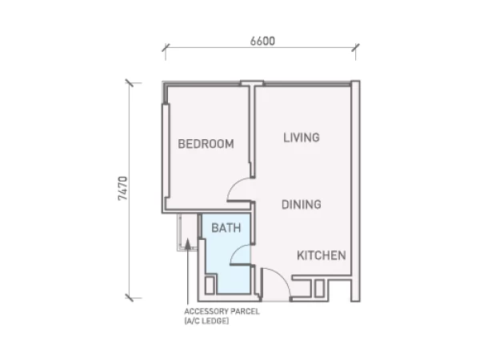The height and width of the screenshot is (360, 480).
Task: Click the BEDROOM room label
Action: pos(206,144)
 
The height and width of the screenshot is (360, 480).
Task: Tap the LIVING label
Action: pos(302,138)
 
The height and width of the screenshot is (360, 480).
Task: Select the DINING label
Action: pos(302,205)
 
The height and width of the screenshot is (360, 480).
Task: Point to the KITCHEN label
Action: pos(322,255)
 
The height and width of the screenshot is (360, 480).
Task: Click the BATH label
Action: pos(226,228)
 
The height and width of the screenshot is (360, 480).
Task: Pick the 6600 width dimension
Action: pos(262,41)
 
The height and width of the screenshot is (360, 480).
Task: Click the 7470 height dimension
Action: pos(122,188)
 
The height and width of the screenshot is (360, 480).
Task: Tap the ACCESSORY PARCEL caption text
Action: pos(222,312)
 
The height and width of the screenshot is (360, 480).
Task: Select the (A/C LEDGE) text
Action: pos(206,321)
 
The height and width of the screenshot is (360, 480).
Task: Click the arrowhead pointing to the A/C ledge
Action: pos(188,244)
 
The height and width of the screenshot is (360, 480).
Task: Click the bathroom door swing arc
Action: pos(238,251)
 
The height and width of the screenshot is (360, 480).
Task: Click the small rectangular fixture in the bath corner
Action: pos(210,286)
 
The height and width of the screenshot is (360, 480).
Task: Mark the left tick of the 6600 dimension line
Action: pos(166,47)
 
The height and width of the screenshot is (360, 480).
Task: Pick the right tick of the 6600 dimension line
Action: pos(355,47)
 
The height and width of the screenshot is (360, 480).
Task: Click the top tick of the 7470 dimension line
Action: pos(129,82)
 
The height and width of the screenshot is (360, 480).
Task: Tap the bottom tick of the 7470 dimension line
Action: pos(129,298)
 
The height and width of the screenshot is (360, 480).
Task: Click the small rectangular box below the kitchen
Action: pos(319,288)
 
